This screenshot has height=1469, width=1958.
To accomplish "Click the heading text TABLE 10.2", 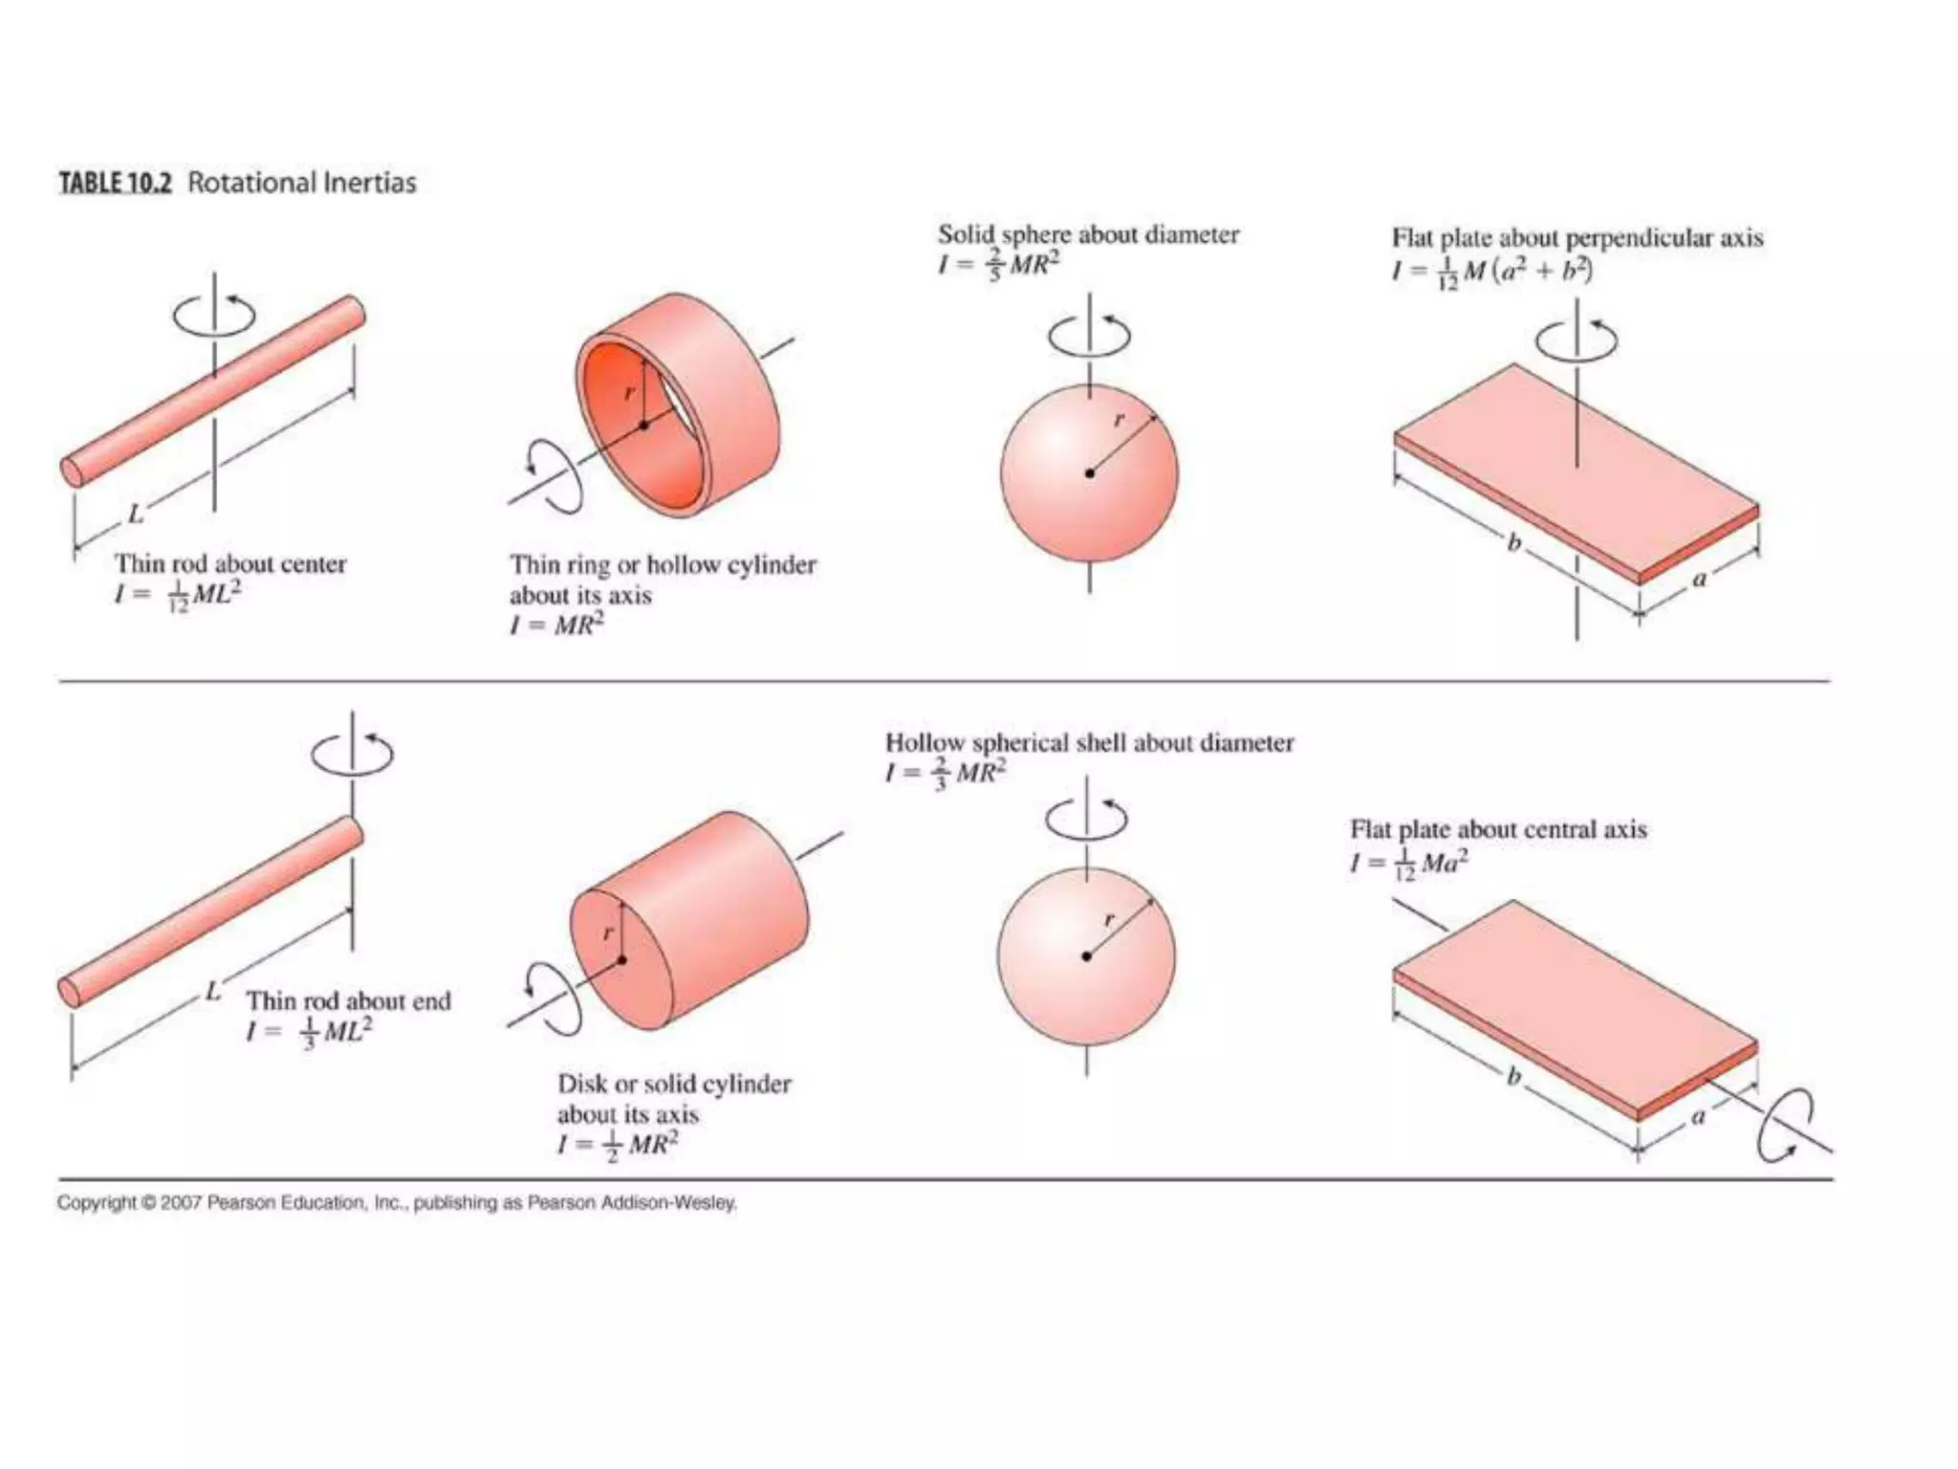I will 115,183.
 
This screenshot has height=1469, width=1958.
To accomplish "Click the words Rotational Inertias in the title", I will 302,183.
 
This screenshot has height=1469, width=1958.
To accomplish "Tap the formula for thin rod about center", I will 178,595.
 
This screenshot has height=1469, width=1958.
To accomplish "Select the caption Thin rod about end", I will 348,1000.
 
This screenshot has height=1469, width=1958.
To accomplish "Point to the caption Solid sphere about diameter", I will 1088,234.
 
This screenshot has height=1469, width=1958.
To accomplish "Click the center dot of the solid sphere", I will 1089,472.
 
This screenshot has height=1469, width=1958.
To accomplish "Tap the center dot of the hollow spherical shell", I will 1086,955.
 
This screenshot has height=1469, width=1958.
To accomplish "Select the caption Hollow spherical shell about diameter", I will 1089,743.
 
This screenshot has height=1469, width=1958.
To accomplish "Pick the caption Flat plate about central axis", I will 1498,829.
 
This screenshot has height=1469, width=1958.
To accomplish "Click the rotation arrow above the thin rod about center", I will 214,313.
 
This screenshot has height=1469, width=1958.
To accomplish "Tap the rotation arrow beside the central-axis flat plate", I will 1784,1126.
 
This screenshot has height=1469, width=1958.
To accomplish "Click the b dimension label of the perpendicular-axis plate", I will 1513,543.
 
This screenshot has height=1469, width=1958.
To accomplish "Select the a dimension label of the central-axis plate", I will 1698,1115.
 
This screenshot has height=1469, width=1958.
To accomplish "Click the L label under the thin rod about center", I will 136,515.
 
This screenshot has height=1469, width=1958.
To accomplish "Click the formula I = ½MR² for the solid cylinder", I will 618,1144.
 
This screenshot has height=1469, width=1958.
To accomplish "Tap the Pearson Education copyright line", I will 397,1203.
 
